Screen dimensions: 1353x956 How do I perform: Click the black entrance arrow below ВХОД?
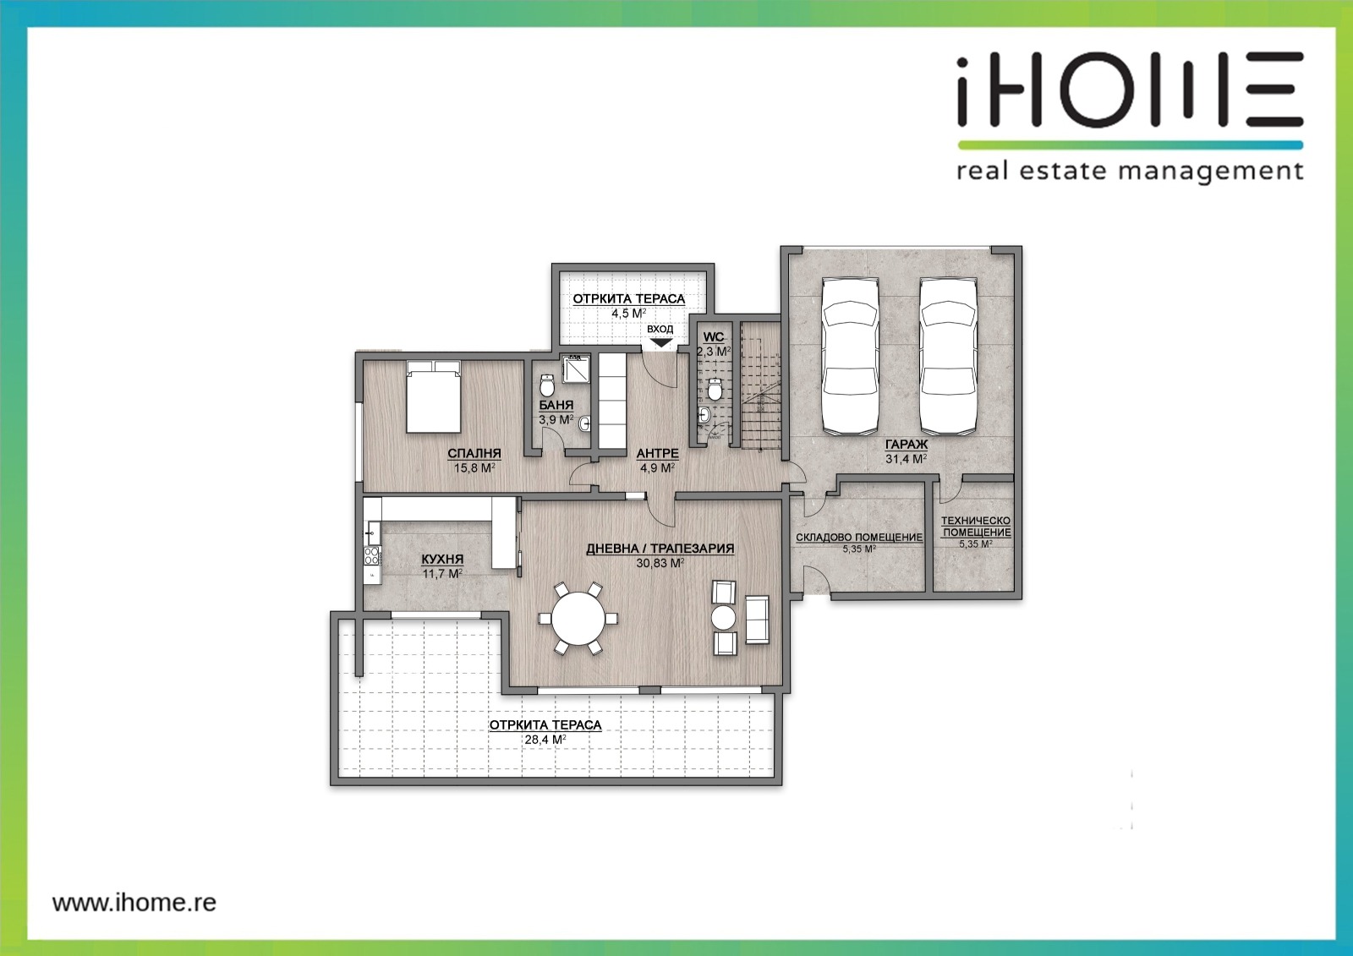point(661,343)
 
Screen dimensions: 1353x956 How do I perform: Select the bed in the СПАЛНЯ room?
point(434,396)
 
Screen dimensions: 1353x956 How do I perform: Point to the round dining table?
point(578,619)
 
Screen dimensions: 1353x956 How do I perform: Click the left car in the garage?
point(850,357)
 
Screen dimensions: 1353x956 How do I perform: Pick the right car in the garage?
point(948,357)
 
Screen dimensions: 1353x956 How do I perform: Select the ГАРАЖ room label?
point(906,445)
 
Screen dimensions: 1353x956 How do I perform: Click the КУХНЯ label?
point(442,560)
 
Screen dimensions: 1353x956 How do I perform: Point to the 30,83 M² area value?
point(660,563)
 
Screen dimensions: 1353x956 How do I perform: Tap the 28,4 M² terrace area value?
point(545,740)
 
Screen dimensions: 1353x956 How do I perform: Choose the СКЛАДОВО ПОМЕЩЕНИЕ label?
point(859,537)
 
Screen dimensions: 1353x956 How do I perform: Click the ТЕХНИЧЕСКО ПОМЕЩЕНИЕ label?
point(976,526)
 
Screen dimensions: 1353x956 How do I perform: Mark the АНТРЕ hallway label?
point(658,453)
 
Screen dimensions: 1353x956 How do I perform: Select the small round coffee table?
point(723,618)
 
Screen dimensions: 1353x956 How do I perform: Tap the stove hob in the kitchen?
point(371,555)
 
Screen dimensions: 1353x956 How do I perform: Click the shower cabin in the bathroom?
point(576,369)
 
